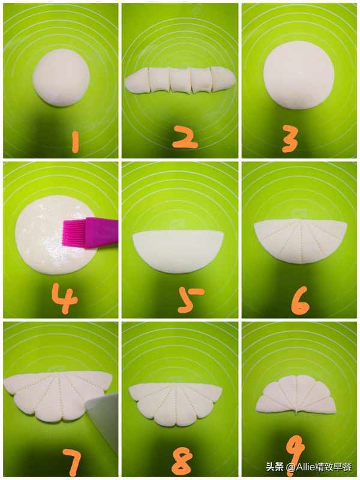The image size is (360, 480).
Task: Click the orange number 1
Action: [x=75, y=142]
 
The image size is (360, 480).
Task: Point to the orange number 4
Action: [x=64, y=298]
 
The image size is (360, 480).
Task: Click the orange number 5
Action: [x=189, y=300]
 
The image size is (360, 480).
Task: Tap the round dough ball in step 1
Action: [x=61, y=77]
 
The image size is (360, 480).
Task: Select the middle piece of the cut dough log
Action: [x=180, y=80]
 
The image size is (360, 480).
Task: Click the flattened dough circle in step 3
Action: [x=299, y=75]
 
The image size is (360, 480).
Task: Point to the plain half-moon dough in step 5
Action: [x=178, y=251]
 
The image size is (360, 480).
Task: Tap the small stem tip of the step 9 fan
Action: [x=297, y=415]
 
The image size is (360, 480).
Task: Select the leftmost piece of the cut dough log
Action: [x=137, y=80]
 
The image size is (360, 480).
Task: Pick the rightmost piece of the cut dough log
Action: [x=223, y=79]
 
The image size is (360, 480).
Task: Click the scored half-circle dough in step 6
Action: [x=301, y=241]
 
